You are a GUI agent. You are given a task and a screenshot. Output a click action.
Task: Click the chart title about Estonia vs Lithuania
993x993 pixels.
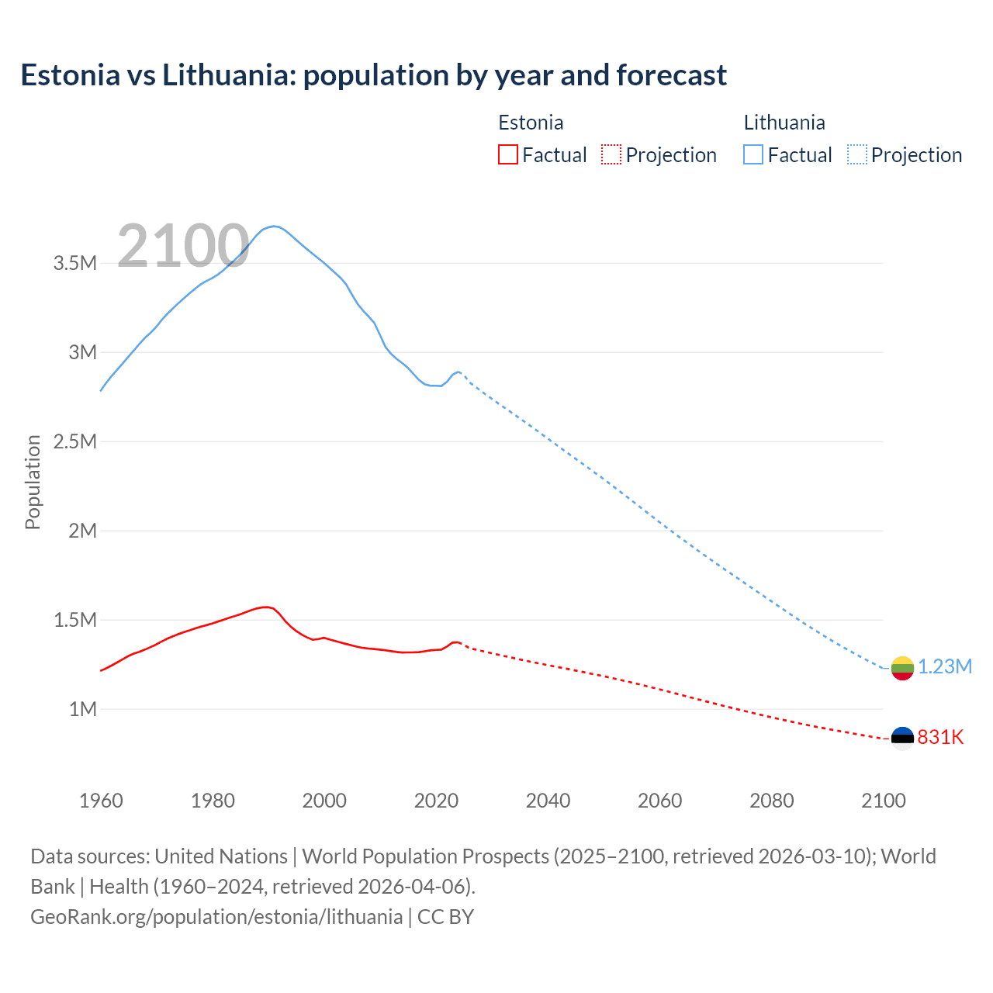373,75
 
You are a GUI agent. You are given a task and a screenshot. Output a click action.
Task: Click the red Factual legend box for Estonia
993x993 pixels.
507,154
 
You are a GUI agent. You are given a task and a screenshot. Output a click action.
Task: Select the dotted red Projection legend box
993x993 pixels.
611,154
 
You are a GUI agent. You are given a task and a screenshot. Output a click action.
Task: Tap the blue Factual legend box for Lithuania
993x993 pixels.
753,154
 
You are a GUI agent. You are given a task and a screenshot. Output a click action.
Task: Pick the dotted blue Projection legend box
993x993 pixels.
857,154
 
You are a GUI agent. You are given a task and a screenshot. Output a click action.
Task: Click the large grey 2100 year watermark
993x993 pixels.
183,246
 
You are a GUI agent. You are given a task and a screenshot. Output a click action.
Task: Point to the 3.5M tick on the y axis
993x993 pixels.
75,263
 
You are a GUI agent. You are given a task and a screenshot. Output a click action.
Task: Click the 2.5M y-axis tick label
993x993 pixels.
75,441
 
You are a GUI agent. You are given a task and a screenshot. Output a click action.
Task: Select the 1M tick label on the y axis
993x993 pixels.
82,709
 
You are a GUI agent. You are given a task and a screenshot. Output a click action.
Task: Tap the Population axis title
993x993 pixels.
33,482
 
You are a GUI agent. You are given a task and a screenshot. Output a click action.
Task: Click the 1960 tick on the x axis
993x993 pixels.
101,801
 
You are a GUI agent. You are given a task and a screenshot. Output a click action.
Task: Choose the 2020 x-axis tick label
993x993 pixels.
436,801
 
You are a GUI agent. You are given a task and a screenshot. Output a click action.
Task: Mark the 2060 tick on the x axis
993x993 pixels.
659,801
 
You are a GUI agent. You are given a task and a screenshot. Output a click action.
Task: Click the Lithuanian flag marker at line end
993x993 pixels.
902,668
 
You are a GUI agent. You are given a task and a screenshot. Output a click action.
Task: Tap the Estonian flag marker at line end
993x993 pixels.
902,738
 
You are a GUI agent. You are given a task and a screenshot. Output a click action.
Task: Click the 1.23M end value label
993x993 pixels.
945,667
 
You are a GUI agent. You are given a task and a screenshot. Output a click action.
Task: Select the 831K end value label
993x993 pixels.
940,737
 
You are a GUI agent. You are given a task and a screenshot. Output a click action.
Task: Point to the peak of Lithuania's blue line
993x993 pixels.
274,226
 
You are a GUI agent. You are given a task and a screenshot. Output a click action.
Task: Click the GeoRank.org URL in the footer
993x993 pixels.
216,916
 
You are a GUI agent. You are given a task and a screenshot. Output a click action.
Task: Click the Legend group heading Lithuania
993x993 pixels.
784,123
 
